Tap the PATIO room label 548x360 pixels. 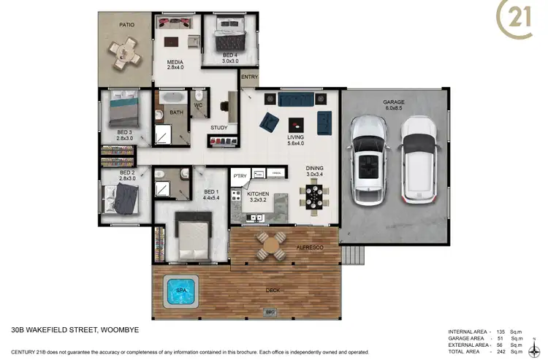[126, 24]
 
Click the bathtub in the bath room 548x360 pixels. [174, 98]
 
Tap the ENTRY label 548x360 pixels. [249, 77]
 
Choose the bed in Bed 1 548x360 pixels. [192, 236]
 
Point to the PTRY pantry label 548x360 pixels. [240, 176]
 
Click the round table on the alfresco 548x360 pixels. [270, 247]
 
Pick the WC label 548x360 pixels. [198, 105]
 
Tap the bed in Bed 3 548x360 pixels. [121, 112]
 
